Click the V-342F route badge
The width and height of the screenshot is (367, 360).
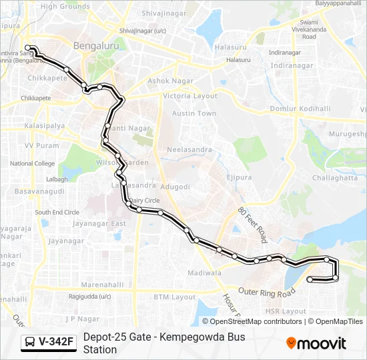click(x=49, y=342)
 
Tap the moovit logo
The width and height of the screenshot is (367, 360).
click(x=316, y=343)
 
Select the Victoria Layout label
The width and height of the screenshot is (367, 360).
click(x=190, y=96)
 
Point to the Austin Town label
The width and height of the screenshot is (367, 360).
click(x=194, y=113)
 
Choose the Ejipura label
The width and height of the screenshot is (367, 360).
click(x=239, y=177)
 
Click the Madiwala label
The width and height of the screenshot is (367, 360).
click(x=204, y=273)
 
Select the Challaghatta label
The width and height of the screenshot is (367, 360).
click(x=334, y=177)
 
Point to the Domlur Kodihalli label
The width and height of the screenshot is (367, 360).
click(x=300, y=108)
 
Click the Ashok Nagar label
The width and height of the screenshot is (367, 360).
click(x=169, y=81)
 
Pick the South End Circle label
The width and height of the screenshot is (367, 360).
click(x=57, y=212)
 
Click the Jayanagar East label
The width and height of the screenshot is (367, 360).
click(x=99, y=223)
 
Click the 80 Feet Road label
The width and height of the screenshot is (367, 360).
click(x=253, y=224)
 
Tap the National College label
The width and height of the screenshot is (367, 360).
click(x=33, y=163)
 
